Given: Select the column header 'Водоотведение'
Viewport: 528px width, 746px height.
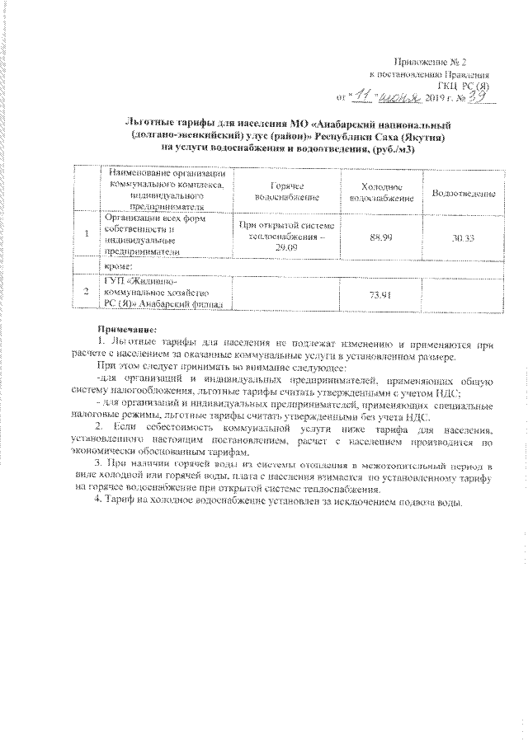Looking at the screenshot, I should click(463, 193).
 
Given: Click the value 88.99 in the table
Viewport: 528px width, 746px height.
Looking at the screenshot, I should click(380, 237).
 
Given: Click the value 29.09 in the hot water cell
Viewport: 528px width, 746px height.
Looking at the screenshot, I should click(285, 248).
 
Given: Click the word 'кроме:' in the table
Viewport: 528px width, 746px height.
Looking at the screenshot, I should click(115, 267).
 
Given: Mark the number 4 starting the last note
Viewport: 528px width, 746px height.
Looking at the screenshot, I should click(98, 503).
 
